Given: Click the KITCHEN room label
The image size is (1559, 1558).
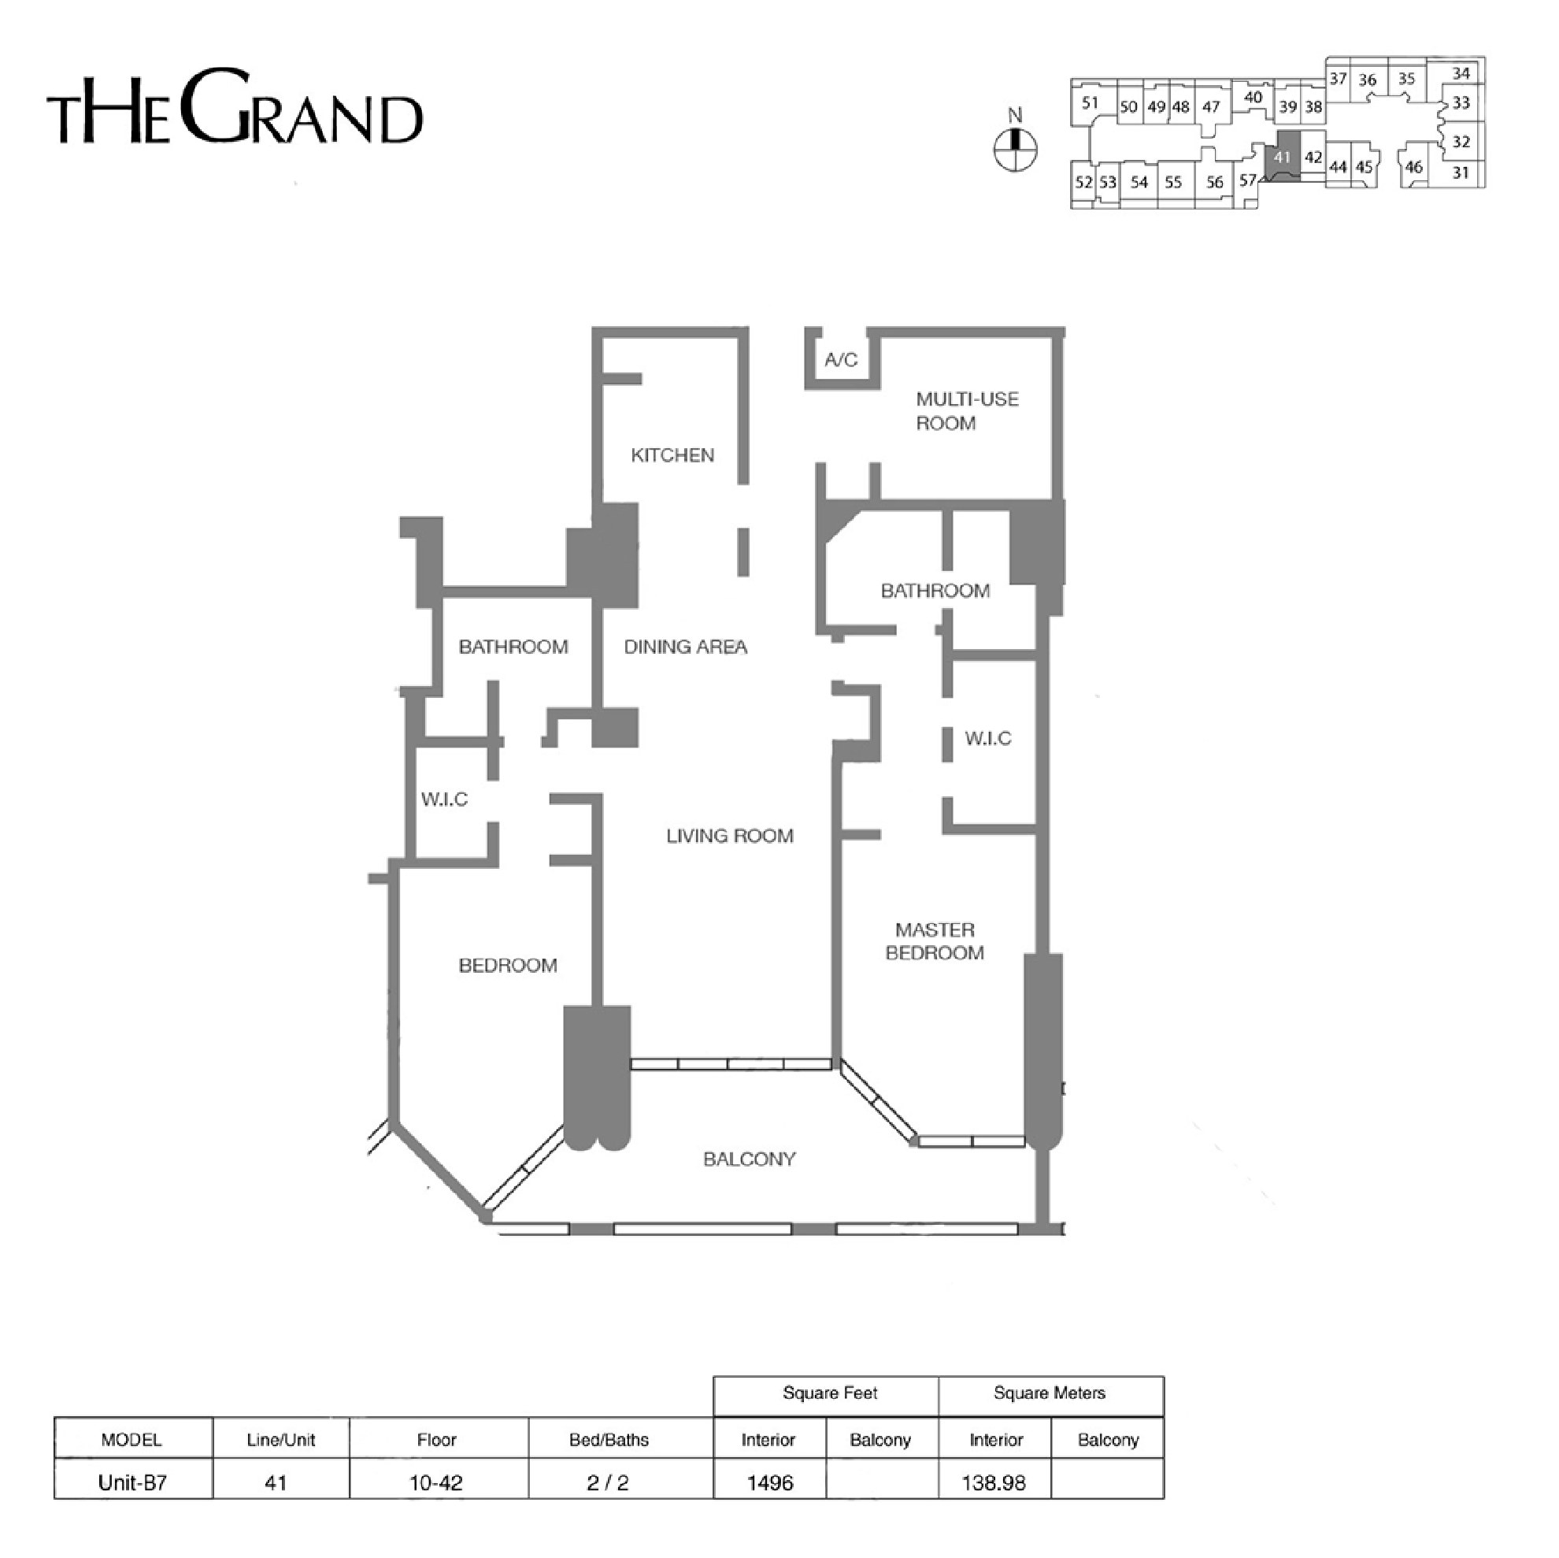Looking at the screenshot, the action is tap(672, 455).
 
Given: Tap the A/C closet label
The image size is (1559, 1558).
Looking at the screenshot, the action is tap(841, 360).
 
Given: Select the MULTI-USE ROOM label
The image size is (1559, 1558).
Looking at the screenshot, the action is tap(967, 411).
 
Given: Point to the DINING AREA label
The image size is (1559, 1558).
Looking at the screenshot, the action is tap(685, 647).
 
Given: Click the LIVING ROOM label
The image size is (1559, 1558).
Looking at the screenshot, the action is tap(729, 836).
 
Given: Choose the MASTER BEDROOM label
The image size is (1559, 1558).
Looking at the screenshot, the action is tap(935, 941).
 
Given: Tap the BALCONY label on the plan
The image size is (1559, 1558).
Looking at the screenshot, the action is tap(749, 1159).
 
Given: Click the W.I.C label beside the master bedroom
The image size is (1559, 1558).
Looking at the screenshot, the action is tap(987, 738).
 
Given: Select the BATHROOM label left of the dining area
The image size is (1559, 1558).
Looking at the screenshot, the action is tap(513, 647).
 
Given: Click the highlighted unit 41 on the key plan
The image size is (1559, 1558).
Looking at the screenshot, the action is tap(1282, 157).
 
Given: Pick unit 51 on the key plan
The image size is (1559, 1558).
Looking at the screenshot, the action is tap(1091, 102).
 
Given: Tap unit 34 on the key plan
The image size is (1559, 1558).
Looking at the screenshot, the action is tap(1461, 73).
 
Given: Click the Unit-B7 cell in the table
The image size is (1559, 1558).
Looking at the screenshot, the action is tap(132, 1482).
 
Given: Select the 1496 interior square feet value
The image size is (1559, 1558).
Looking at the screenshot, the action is tap(770, 1482).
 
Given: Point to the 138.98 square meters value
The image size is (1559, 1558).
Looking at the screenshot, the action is tap(994, 1482).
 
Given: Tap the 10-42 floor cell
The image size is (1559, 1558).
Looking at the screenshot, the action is tap(435, 1482).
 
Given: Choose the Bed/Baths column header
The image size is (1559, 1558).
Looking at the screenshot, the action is tap(609, 1439).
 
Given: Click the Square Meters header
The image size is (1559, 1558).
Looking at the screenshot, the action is tap(1049, 1393).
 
